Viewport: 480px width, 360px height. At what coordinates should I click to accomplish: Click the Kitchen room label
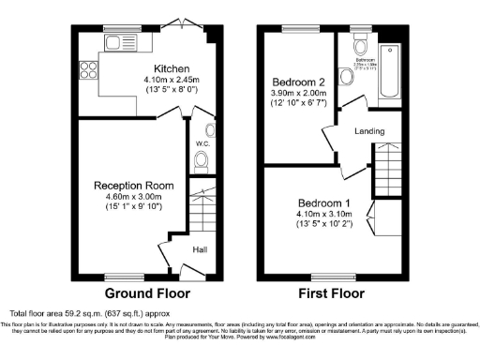tap(173, 69)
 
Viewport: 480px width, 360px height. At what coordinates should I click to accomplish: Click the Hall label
tap(200, 250)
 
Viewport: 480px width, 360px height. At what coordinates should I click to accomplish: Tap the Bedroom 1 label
tap(324, 203)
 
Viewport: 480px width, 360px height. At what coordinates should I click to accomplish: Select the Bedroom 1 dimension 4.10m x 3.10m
tap(324, 215)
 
